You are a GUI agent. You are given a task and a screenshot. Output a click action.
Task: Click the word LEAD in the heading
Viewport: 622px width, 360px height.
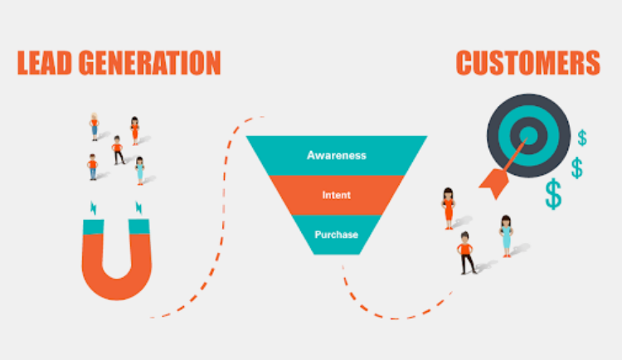(45, 63)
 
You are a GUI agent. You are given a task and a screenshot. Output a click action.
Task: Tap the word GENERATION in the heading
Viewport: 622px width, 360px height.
(149, 63)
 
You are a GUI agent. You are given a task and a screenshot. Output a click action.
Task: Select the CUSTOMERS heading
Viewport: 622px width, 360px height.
(528, 63)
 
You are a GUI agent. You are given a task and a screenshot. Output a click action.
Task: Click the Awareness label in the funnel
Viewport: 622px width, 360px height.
(337, 155)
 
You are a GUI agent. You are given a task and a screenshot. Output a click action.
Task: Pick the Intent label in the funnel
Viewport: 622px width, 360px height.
(337, 195)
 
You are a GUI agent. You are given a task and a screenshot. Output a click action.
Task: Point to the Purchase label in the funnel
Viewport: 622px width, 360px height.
(337, 235)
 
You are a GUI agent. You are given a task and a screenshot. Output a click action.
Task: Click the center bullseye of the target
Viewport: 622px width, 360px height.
(528, 135)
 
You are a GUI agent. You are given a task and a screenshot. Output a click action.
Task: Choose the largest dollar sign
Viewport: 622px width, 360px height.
(553, 194)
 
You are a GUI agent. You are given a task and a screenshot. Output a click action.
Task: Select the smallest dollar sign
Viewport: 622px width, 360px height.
(582, 138)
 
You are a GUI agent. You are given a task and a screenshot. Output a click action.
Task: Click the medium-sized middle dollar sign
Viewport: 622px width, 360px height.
(576, 168)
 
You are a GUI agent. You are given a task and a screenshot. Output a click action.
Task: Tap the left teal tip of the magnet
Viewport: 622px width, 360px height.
(93, 226)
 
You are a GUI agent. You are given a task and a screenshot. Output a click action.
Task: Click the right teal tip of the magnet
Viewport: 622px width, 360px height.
(138, 226)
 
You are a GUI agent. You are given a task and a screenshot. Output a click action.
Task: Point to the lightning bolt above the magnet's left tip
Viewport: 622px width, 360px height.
(94, 208)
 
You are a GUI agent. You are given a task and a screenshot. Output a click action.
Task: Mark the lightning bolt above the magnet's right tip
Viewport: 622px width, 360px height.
(138, 207)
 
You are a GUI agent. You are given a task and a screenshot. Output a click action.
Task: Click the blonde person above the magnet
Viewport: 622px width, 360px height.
(94, 127)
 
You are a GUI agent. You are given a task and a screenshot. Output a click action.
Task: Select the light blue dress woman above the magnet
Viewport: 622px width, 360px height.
(139, 171)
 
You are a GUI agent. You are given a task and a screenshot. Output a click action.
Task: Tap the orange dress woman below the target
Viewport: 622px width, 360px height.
(448, 208)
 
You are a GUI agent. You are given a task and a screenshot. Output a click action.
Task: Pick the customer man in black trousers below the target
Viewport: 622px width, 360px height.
(466, 253)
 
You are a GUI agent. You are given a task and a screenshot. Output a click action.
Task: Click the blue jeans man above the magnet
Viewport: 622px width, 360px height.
(92, 167)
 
